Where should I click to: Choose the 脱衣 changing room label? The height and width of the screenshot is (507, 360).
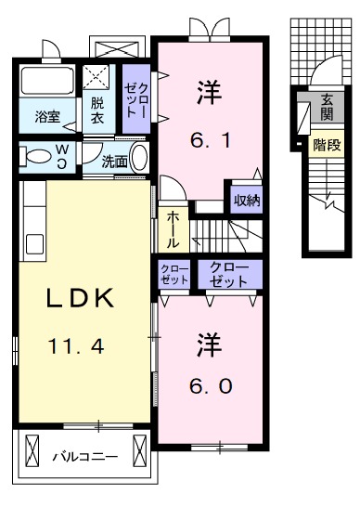click(97, 111)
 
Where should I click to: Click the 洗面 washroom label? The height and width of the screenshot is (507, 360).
click(114, 159)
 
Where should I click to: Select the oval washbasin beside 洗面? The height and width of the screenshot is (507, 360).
click(139, 157)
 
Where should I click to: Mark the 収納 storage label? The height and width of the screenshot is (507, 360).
click(246, 200)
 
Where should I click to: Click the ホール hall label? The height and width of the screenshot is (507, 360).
click(173, 228)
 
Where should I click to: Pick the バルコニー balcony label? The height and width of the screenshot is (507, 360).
click(84, 457)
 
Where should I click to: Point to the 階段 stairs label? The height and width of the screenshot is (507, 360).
click(326, 145)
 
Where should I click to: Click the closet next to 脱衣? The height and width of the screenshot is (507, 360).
click(137, 100)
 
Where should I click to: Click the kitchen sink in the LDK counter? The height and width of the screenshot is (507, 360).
click(34, 244)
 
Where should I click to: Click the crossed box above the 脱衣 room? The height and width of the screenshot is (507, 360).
click(96, 76)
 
